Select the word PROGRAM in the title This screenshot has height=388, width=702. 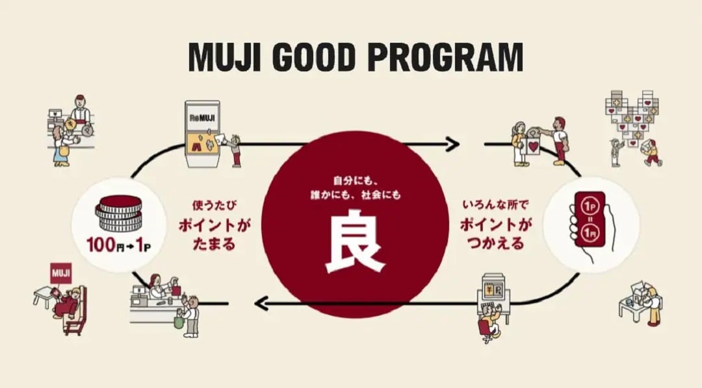click(x=445, y=57)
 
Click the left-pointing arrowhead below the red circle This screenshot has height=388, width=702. click(x=262, y=302)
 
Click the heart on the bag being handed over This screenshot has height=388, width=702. click(x=534, y=146)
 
